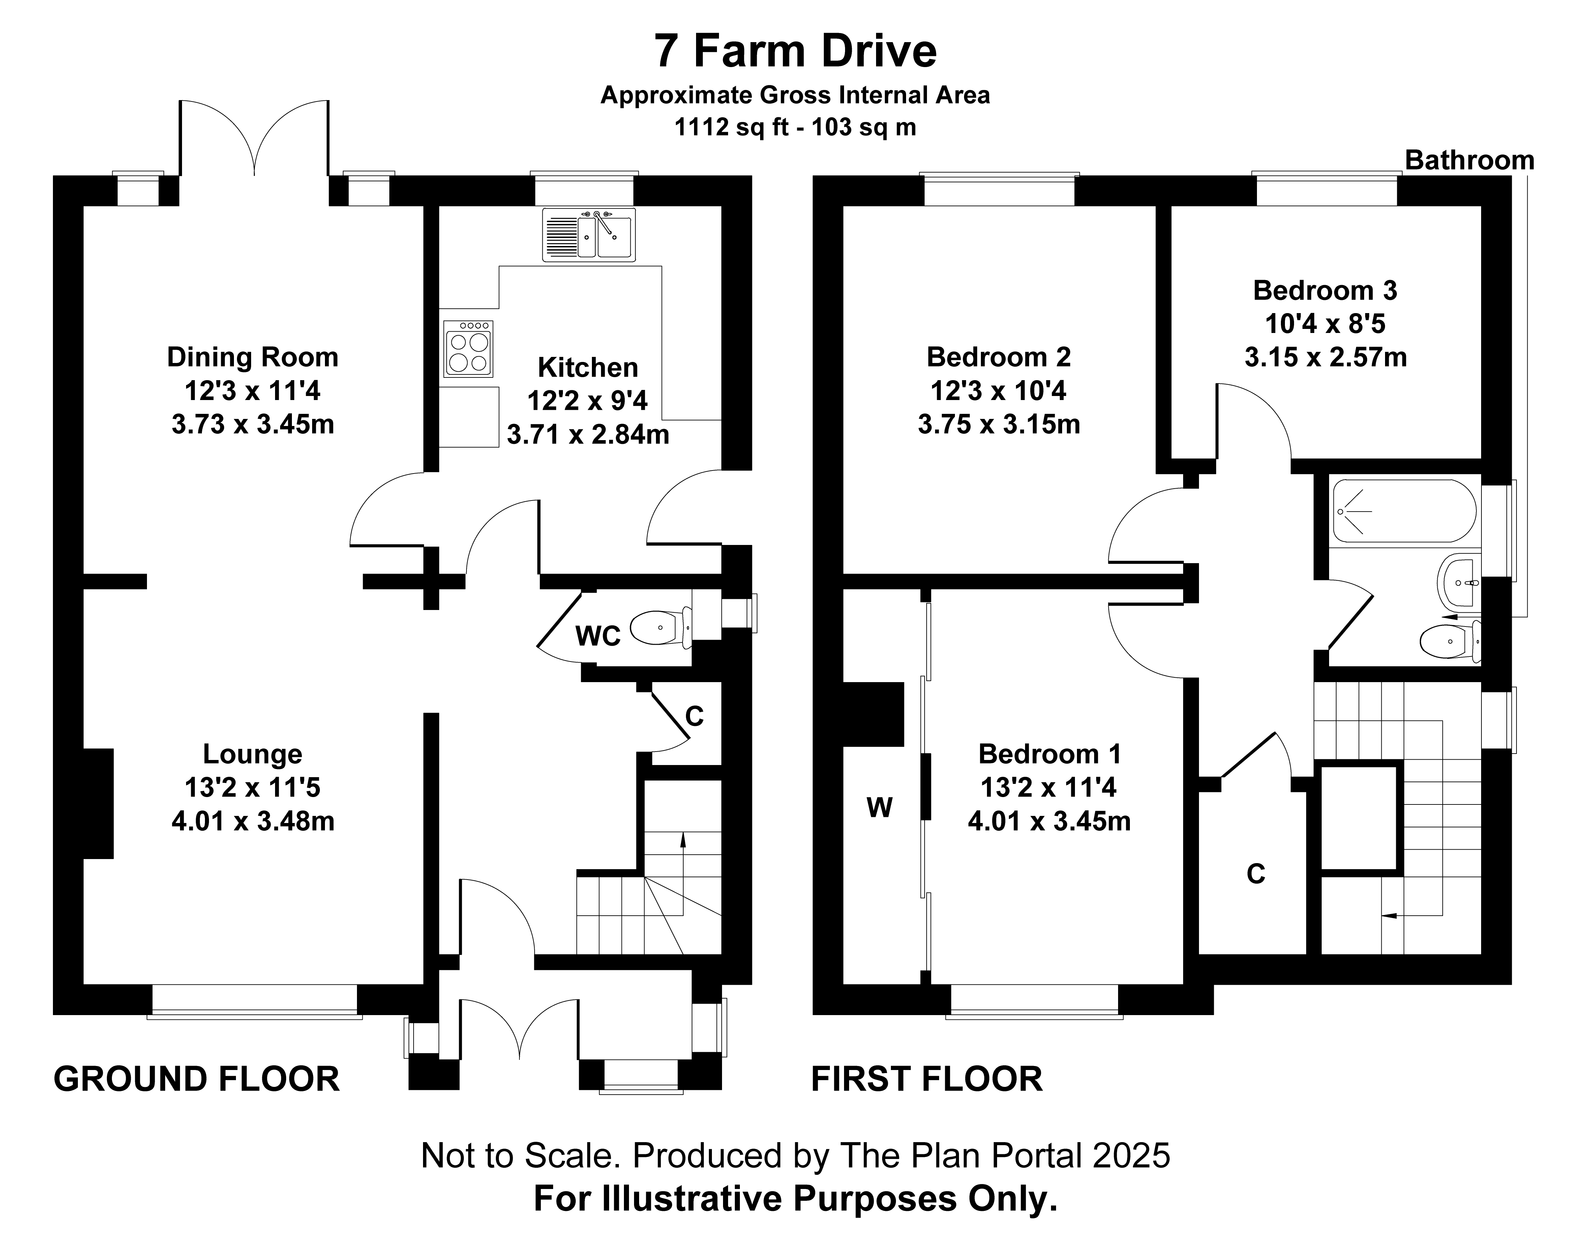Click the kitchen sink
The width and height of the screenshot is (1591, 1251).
coord(589,234)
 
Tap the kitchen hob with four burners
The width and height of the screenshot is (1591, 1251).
coord(468,349)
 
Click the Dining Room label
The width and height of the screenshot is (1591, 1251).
coord(253,358)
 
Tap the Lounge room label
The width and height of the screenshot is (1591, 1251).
coord(253,754)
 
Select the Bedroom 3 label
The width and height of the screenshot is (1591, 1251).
coord(1325,291)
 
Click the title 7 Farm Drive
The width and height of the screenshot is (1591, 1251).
coord(795,51)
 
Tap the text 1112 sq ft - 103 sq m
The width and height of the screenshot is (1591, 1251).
coord(795,127)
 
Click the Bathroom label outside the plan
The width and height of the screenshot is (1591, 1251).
coord(1469,160)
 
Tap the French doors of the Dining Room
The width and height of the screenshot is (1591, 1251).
coord(253,139)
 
